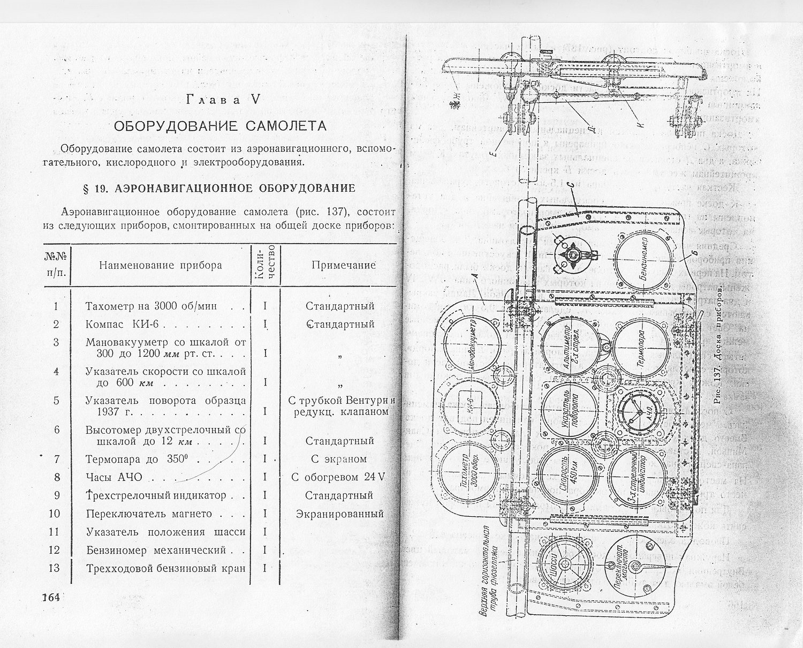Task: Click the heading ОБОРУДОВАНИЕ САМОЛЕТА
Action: tap(219, 126)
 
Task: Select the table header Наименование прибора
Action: tap(160, 266)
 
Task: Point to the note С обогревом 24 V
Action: tap(338, 477)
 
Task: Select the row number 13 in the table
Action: tap(54, 568)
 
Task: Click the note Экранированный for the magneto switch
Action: tap(339, 514)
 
